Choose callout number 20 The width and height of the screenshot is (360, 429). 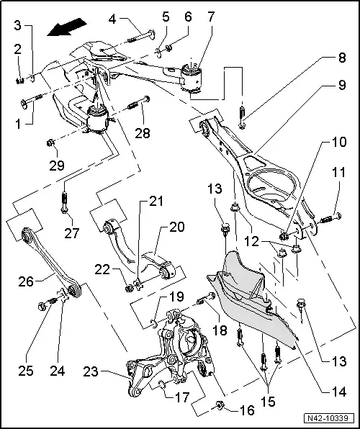coord(177,227)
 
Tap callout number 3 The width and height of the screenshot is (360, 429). coord(17,26)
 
